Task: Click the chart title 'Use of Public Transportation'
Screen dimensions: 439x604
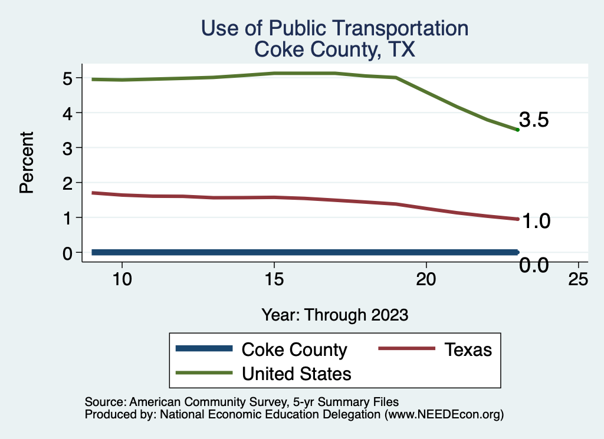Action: click(x=334, y=28)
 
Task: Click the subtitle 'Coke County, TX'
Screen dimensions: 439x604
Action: click(x=334, y=49)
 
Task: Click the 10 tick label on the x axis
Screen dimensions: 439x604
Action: click(x=122, y=279)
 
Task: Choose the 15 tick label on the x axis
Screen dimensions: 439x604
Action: click(x=274, y=279)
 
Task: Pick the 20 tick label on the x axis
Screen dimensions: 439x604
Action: click(x=426, y=279)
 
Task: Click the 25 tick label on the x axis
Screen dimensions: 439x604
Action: click(x=578, y=279)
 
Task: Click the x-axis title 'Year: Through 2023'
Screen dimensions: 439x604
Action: click(x=334, y=315)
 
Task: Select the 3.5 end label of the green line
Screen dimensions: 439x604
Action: click(x=534, y=120)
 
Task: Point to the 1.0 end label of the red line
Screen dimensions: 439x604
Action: click(x=534, y=221)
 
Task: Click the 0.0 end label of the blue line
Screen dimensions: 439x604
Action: click(x=534, y=266)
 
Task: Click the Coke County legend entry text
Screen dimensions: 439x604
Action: click(x=294, y=349)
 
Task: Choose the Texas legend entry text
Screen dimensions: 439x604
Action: click(x=468, y=349)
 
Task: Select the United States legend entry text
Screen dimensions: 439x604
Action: click(x=297, y=374)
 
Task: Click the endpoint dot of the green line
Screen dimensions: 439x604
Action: click(x=517, y=130)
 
